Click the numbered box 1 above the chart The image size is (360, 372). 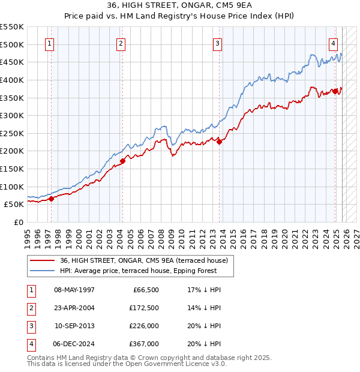click(x=49, y=43)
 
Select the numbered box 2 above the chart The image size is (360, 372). click(x=121, y=43)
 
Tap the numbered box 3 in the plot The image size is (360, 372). click(x=217, y=43)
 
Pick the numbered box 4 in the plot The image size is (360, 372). click(x=333, y=43)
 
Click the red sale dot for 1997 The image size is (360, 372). click(x=51, y=199)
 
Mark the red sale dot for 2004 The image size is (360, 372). click(x=122, y=161)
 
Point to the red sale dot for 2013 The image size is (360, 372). click(x=219, y=142)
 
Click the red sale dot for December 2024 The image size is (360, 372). click(x=335, y=91)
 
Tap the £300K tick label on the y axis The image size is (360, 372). click(x=12, y=115)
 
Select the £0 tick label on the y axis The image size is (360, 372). click(x=18, y=222)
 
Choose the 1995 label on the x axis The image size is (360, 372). click(x=28, y=234)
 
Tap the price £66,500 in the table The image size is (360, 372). click(x=143, y=290)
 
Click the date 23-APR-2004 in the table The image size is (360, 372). click(x=74, y=308)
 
